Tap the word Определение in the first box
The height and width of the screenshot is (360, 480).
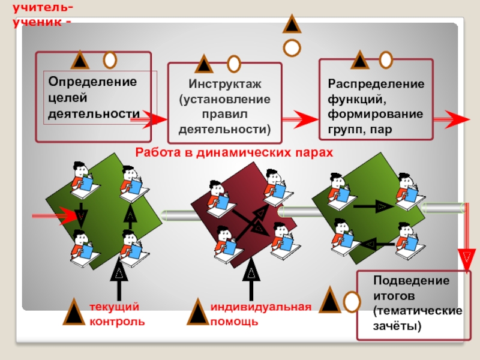92,81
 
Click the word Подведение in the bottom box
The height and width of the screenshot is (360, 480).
411,281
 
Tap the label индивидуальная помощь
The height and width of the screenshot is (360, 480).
260,314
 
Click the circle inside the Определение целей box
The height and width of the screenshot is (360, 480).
110,60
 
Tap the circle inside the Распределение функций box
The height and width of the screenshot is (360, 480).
386,59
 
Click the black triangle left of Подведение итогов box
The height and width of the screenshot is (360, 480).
330,300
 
